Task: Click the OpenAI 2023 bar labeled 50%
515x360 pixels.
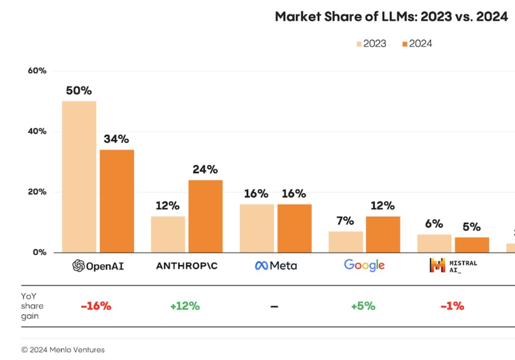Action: (79, 176)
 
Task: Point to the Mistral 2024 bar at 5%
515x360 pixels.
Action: (472, 245)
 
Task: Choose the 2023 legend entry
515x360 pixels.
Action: (371, 44)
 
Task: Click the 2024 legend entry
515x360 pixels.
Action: (417, 44)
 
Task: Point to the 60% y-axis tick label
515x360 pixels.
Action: (37, 71)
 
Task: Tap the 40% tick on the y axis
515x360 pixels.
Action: (37, 131)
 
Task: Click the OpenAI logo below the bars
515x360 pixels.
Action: (98, 266)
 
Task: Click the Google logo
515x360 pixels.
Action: (364, 265)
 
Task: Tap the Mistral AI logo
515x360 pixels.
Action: (453, 266)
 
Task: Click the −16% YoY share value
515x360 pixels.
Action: (96, 306)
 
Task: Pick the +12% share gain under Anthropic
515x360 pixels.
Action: (185, 306)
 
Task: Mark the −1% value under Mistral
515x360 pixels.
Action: (452, 306)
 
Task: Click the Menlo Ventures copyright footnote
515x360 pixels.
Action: (63, 350)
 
